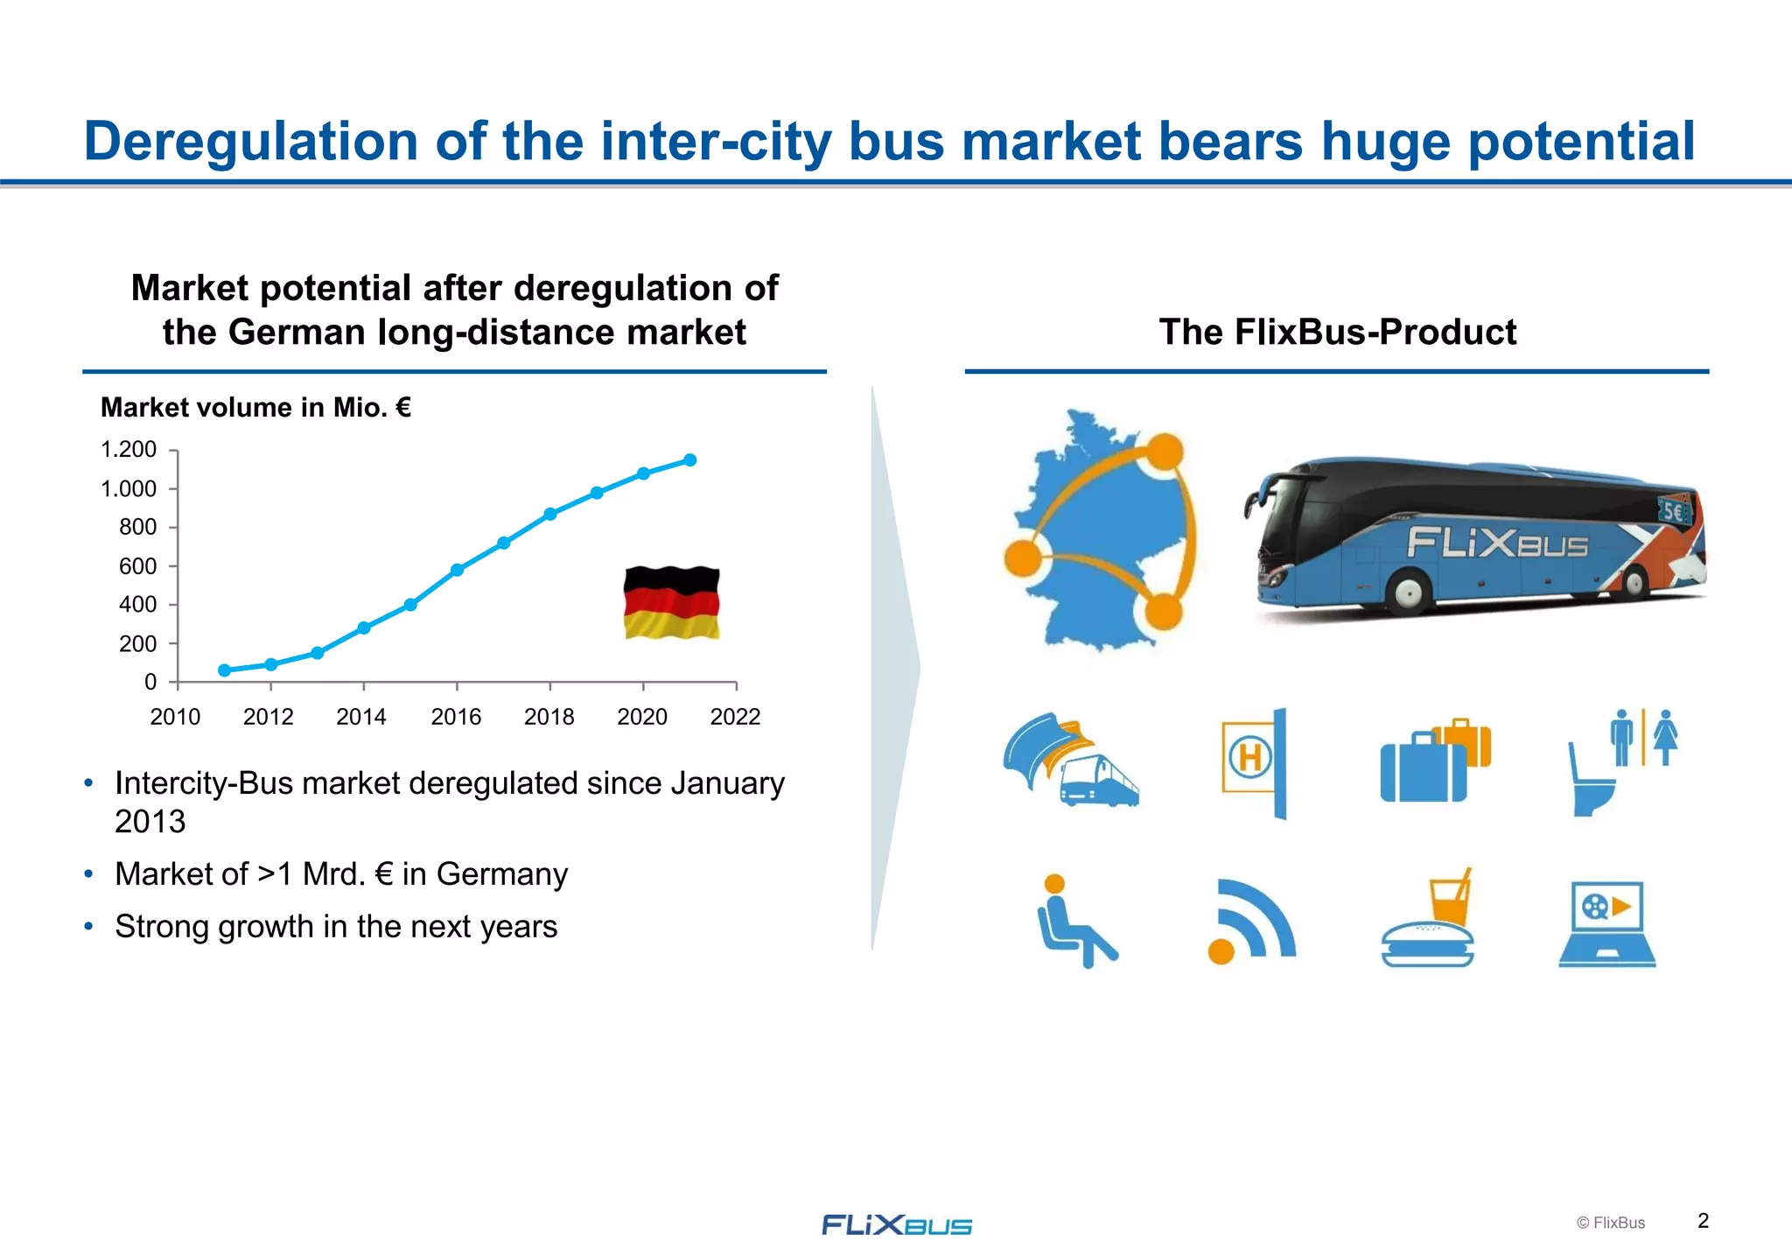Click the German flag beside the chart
(671, 602)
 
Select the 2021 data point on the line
(689, 460)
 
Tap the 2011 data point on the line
(224, 670)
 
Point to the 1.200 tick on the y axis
(129, 450)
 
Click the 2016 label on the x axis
(456, 718)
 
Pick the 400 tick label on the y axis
(137, 605)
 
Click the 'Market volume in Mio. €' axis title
(255, 408)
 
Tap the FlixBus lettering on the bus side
(1497, 543)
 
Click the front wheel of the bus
(1408, 592)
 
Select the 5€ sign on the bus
(1673, 511)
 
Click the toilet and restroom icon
(1621, 761)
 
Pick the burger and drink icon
(1429, 919)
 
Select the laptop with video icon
(1606, 923)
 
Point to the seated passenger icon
(1074, 921)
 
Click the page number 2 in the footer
(1703, 1221)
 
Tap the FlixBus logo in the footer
(897, 1224)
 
